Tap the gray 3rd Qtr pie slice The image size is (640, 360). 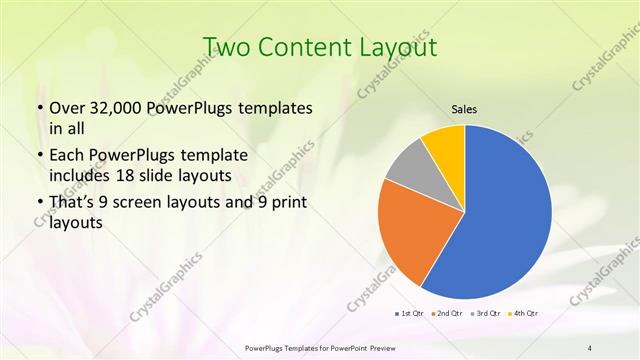(x=407, y=167)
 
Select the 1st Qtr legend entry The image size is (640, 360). (x=411, y=314)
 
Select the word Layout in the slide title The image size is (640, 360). (x=400, y=47)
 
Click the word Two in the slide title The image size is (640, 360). (x=226, y=47)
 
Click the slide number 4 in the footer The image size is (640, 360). (x=590, y=347)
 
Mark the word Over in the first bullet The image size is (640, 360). (x=66, y=108)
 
